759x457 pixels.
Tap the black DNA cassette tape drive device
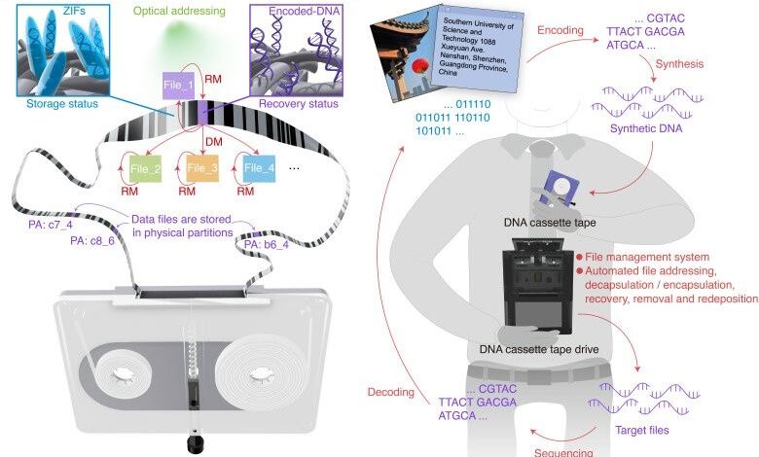[544, 291]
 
